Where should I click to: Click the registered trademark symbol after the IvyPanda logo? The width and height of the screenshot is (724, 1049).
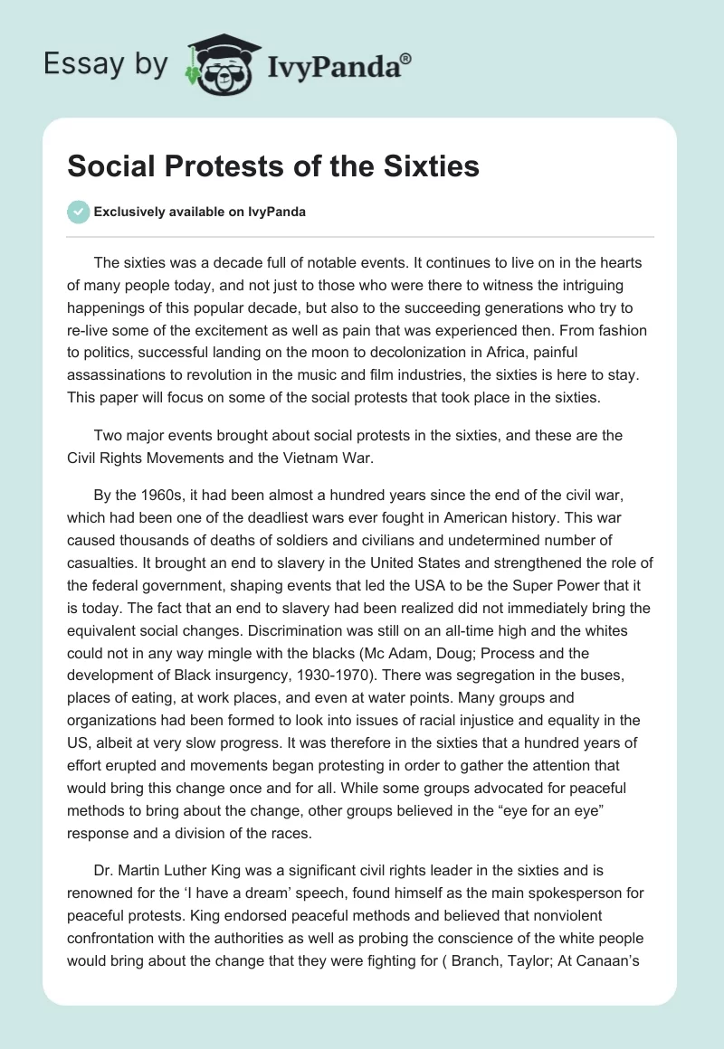coord(406,58)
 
